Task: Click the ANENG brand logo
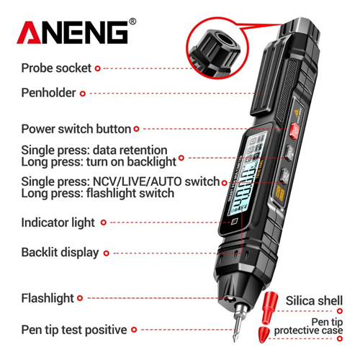(x=72, y=32)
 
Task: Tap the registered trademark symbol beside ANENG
(x=132, y=22)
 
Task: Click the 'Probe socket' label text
(x=56, y=68)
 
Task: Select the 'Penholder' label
(x=48, y=93)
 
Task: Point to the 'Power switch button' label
(x=76, y=129)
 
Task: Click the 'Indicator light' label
(x=58, y=223)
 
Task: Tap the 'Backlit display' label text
(x=60, y=253)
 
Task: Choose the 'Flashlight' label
(x=48, y=299)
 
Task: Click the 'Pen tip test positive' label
(x=74, y=330)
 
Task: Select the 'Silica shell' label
(x=314, y=301)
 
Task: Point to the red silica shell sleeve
(x=269, y=308)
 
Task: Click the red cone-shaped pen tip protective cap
(x=265, y=334)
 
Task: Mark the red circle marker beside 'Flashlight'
(x=80, y=298)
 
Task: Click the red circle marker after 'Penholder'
(x=83, y=94)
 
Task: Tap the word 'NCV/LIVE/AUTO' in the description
(x=137, y=181)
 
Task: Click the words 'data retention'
(x=130, y=150)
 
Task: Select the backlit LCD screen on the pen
(x=246, y=174)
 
